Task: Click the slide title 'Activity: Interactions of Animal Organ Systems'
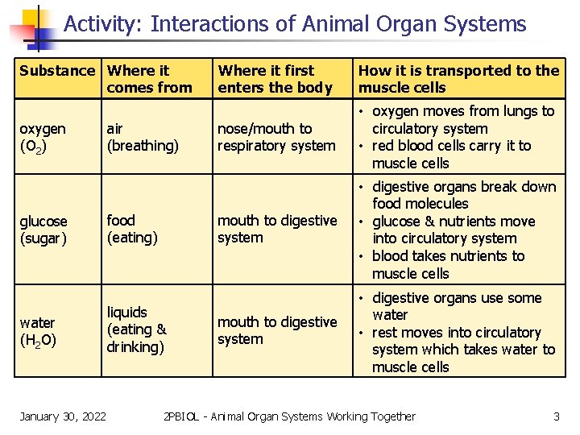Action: pyautogui.click(x=295, y=24)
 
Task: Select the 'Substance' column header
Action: pyautogui.click(x=56, y=71)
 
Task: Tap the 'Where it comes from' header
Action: pyautogui.click(x=150, y=79)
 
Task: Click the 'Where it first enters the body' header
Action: pyautogui.click(x=275, y=79)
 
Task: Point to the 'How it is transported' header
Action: pyautogui.click(x=458, y=79)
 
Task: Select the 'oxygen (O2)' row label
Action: pyautogui.click(x=43, y=137)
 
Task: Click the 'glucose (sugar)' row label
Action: pyautogui.click(x=45, y=230)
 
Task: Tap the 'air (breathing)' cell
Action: pyautogui.click(x=143, y=137)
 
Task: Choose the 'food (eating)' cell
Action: pyautogui.click(x=132, y=229)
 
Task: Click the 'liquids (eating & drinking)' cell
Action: pyautogui.click(x=137, y=329)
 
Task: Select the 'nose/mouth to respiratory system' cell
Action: pyautogui.click(x=275, y=137)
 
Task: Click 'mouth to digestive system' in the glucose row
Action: pyautogui.click(x=277, y=229)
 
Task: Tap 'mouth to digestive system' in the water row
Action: pyautogui.click(x=277, y=330)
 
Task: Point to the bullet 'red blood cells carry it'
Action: pyautogui.click(x=451, y=155)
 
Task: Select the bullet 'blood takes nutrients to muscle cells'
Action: pyautogui.click(x=448, y=265)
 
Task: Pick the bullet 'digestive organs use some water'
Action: pyautogui.click(x=456, y=306)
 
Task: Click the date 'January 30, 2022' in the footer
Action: pyautogui.click(x=63, y=416)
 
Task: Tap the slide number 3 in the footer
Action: pyautogui.click(x=556, y=416)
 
